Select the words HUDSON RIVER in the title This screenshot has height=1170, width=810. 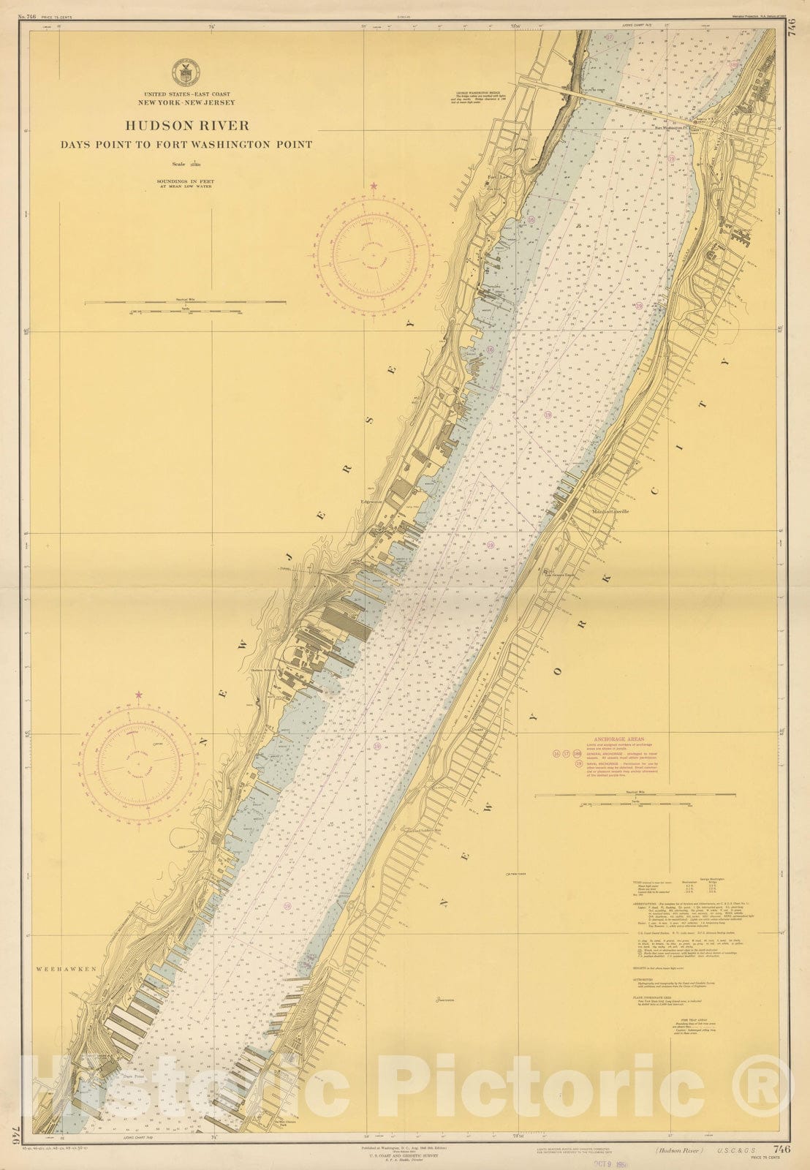click(186, 126)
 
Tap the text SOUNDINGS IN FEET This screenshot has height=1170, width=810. click(185, 181)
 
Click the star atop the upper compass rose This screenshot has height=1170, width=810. click(375, 187)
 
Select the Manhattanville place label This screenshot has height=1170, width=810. click(612, 511)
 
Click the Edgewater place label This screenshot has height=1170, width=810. click(372, 502)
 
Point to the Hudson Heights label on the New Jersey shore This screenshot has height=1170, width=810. click(261, 668)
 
